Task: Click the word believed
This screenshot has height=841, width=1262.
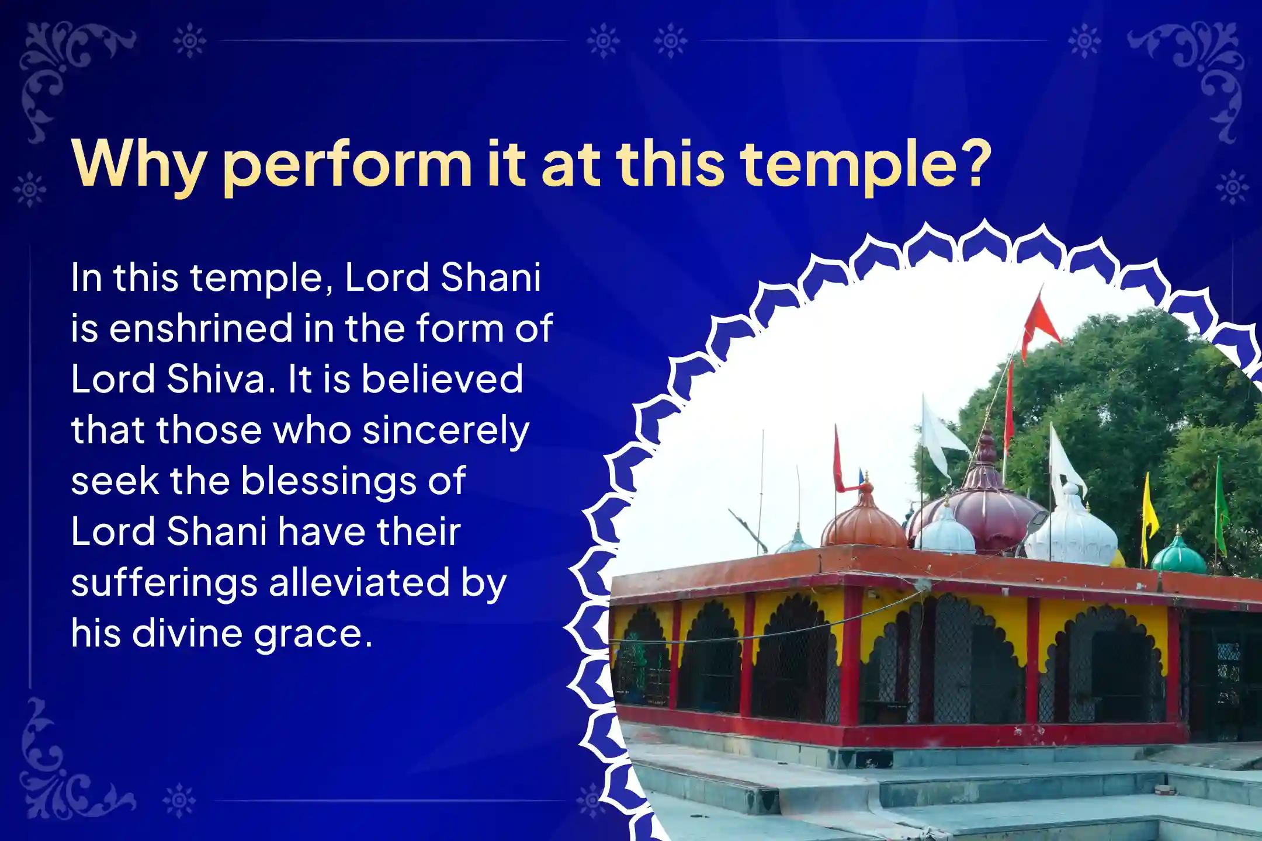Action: coord(442,379)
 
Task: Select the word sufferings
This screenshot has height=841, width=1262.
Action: coord(164,583)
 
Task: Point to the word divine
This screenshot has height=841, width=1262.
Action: coord(186,633)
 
